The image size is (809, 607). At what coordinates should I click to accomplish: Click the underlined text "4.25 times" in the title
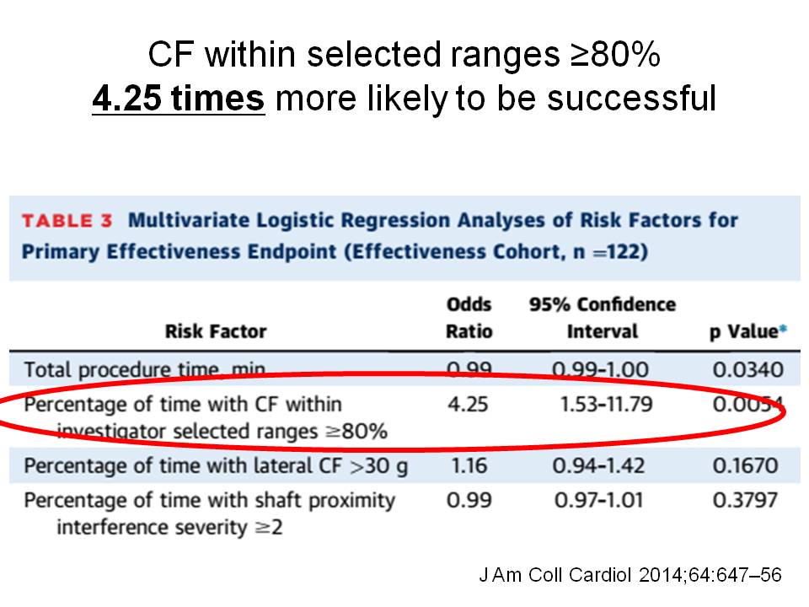[178, 99]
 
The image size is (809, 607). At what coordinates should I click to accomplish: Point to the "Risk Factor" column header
[216, 331]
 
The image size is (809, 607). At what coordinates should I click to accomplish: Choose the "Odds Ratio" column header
[469, 317]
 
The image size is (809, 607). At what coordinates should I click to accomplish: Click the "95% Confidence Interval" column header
[602, 317]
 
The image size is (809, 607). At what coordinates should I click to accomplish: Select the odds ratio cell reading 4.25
[467, 404]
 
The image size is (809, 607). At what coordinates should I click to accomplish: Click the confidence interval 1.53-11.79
[606, 404]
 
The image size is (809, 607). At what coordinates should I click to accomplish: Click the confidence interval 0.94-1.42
[600, 465]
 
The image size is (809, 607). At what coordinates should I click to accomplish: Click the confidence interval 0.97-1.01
[599, 500]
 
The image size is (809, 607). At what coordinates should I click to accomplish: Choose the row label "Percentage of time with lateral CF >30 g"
[216, 465]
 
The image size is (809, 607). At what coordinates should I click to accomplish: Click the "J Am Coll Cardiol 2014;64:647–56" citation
[630, 575]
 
